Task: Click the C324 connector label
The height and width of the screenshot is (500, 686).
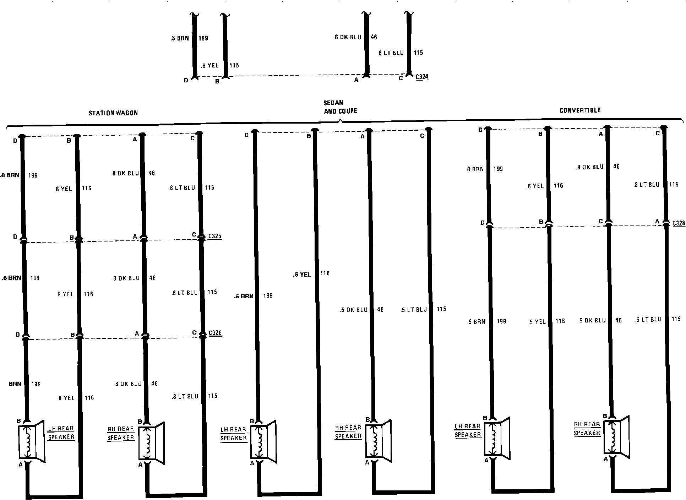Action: (422, 77)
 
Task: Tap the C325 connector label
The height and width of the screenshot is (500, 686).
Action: (215, 236)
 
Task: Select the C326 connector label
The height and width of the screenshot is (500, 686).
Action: (215, 333)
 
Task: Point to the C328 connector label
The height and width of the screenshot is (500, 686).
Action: (679, 223)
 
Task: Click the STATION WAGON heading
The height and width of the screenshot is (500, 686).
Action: (113, 113)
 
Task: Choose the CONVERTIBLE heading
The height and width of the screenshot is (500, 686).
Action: (580, 110)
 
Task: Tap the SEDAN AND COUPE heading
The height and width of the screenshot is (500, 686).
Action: (340, 107)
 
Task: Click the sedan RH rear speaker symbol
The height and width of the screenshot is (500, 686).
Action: (378, 440)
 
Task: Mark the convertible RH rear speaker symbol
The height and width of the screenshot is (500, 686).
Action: (616, 437)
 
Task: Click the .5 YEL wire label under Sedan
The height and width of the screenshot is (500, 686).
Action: (302, 275)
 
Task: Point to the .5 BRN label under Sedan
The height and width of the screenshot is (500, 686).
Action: (244, 296)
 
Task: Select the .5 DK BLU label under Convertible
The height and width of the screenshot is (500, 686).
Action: (592, 321)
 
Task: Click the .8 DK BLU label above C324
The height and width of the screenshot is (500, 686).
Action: (347, 37)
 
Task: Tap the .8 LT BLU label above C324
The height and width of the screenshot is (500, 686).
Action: (391, 53)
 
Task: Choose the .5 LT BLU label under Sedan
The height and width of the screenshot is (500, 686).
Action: (414, 310)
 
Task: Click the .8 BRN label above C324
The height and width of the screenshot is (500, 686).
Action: (180, 38)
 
